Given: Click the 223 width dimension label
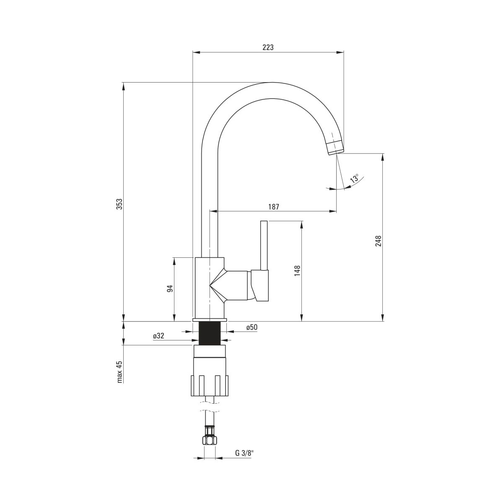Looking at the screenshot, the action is pyautogui.click(x=268, y=47).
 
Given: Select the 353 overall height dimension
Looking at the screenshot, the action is pyautogui.click(x=119, y=204).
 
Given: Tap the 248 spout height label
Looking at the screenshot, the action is pyautogui.click(x=379, y=241).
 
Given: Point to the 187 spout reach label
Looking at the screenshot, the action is pyautogui.click(x=274, y=207).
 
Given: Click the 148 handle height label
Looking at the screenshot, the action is pyautogui.click(x=297, y=271).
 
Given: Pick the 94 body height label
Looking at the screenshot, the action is pyautogui.click(x=170, y=289).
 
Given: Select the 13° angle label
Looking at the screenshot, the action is pyautogui.click(x=354, y=179).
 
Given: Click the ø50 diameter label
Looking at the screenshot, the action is pyautogui.click(x=251, y=327).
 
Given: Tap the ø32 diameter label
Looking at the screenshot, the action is pyautogui.click(x=159, y=336).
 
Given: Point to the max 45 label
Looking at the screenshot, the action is pyautogui.click(x=120, y=372).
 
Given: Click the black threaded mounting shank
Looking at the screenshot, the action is pyautogui.click(x=210, y=333).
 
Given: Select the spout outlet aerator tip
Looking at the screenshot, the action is pyautogui.click(x=335, y=148).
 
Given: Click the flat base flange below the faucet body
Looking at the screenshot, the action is pyautogui.click(x=210, y=320).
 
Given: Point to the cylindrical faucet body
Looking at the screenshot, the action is pyautogui.click(x=210, y=288).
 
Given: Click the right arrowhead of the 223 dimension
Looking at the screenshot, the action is pyautogui.click(x=340, y=52).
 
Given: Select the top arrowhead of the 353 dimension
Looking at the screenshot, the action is pyautogui.click(x=124, y=86).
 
